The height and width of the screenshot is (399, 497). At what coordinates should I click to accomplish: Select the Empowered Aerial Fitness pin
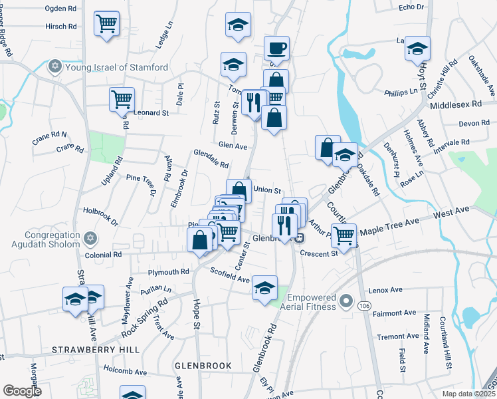(x=345, y=303)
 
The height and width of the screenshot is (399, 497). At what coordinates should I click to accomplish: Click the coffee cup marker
(x=276, y=48)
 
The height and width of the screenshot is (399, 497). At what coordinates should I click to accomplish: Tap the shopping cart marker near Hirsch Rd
(x=106, y=24)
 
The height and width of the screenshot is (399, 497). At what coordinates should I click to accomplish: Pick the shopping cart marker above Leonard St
(x=122, y=100)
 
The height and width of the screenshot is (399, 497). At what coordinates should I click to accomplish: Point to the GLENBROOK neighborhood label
(x=203, y=366)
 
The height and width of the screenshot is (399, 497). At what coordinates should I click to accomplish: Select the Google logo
(x=22, y=391)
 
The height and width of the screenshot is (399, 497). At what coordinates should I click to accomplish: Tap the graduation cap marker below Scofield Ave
(x=264, y=287)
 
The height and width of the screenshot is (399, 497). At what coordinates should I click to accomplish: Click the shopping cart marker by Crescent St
(x=344, y=234)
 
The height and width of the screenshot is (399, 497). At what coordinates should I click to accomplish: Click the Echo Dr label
(x=411, y=7)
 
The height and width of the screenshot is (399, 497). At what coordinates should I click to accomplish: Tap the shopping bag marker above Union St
(x=239, y=190)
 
